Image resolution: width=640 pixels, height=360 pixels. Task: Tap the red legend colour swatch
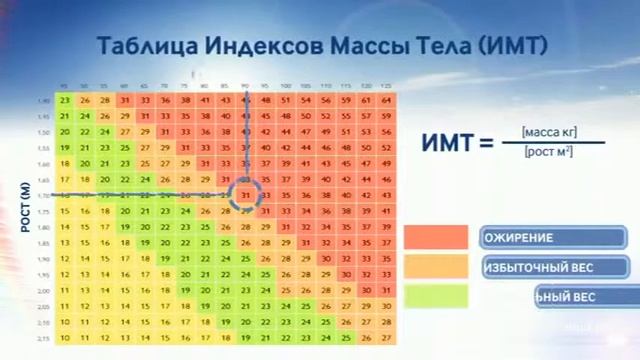[436, 238]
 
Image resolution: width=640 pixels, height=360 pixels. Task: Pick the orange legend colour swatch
[436, 267]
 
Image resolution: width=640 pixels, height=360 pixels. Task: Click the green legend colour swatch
[436, 296]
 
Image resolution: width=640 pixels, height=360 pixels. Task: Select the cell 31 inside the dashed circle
[246, 194]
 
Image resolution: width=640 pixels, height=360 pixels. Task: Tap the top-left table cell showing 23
[65, 100]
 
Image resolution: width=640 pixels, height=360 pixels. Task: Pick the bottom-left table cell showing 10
[65, 338]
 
